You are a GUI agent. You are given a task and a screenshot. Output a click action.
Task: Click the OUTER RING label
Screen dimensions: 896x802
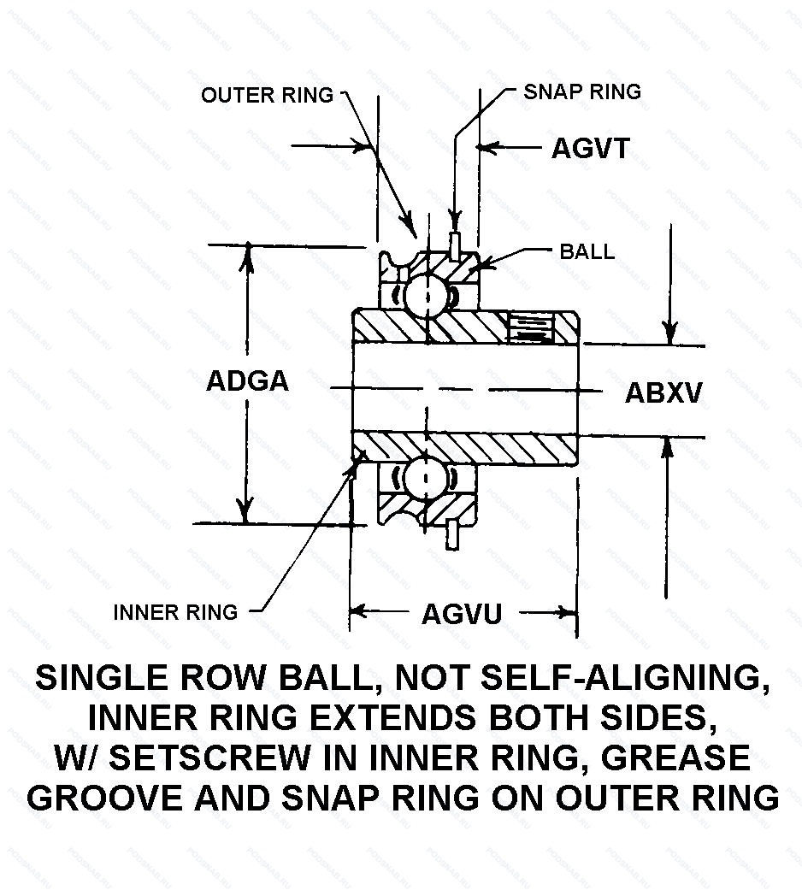click(267, 95)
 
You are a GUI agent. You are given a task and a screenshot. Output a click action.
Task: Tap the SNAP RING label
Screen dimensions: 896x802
click(581, 91)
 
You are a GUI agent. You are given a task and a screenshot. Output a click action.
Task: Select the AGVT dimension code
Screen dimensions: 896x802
click(590, 148)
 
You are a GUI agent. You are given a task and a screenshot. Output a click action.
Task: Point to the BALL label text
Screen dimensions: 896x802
click(587, 251)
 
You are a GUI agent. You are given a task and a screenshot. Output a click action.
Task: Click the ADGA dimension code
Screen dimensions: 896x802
click(247, 380)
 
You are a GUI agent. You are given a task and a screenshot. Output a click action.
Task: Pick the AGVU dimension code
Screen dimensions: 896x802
click(461, 612)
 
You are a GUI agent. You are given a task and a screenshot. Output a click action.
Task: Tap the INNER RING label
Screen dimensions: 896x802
click(175, 612)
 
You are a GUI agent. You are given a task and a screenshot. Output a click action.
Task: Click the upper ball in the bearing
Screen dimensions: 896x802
click(424, 296)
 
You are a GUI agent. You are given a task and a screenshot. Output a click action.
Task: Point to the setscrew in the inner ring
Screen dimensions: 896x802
click(532, 328)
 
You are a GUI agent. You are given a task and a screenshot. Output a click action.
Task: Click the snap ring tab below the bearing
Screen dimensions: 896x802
click(451, 534)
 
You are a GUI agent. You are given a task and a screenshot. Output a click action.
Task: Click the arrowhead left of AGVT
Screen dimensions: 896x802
click(485, 148)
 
